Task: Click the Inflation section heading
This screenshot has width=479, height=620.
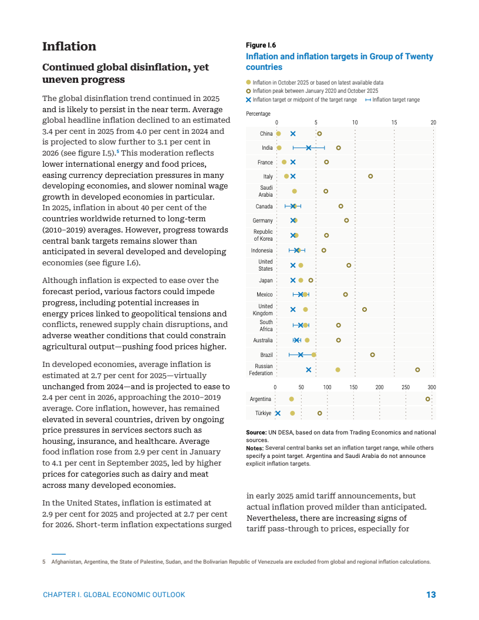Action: coord(69,46)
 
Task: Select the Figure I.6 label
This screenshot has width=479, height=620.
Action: coord(261,45)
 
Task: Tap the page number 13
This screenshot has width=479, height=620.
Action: coord(431,595)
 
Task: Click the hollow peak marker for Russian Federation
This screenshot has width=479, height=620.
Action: coord(417,370)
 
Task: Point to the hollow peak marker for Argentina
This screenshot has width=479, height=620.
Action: coord(428,399)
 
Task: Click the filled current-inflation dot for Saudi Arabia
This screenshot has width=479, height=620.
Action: coord(294,191)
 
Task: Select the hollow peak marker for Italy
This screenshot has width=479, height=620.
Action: coord(370,176)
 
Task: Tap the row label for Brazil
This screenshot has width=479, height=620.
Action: coord(266,355)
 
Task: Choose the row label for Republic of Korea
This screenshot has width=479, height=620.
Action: coord(263,235)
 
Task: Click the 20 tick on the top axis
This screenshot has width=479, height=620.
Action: coord(433,122)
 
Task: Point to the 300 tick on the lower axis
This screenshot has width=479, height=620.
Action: coord(431,387)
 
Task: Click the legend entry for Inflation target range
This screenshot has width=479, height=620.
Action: coord(396,100)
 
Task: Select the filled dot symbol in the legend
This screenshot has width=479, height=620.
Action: coord(248,83)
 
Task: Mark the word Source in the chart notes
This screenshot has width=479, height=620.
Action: coord(256,433)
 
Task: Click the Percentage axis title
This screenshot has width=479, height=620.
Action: coord(258,114)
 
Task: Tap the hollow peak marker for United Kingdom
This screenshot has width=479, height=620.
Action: coord(365,309)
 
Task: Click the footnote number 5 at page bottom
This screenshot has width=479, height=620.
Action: coord(44,562)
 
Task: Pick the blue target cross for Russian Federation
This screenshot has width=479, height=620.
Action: coord(309,370)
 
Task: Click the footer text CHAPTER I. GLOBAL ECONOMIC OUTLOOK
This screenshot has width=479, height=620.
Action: coord(114,595)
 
